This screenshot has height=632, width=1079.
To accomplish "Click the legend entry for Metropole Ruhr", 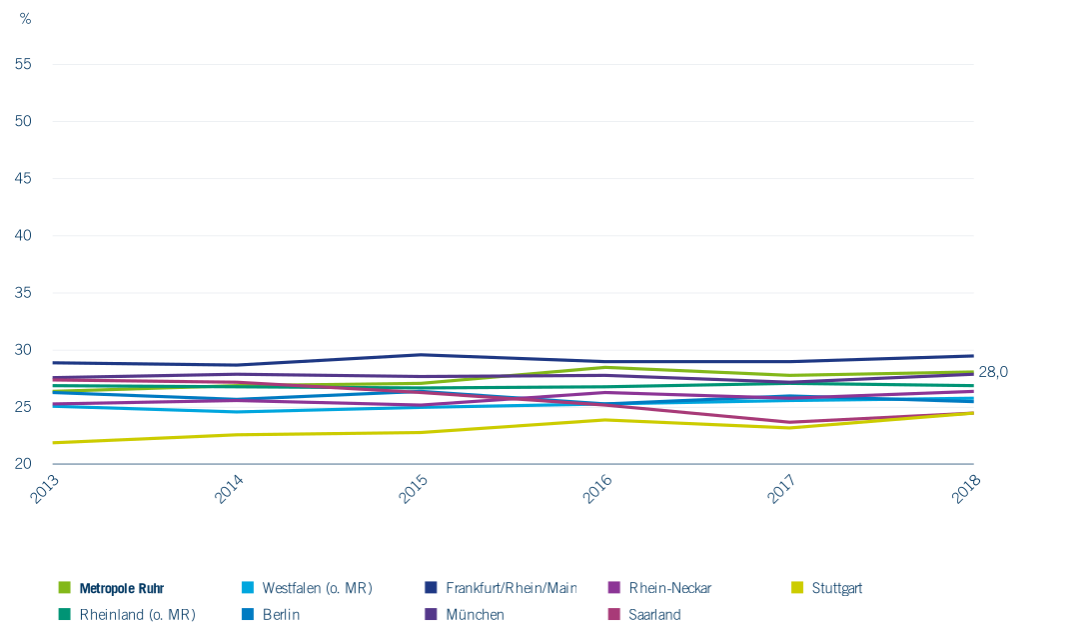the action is tap(112, 588).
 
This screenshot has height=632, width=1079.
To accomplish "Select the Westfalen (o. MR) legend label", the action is tap(307, 588).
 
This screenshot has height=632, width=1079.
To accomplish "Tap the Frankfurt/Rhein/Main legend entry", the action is tap(501, 588).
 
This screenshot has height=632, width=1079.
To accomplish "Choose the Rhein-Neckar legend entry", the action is tap(660, 588).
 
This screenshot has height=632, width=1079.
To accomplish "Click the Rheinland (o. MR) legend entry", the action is tap(127, 614).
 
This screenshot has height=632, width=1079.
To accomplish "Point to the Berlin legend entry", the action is tap(271, 614).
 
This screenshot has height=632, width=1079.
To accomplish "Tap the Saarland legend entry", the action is tap(645, 614).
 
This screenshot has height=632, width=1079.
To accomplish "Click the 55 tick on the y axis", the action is tap(23, 64).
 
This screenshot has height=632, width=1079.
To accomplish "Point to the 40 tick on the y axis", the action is tap(23, 235).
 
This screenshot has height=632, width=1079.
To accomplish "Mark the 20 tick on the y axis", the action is tap(23, 463).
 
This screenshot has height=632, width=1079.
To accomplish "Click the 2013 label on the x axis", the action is tap(45, 489).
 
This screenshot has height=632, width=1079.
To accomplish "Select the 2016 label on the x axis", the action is tap(597, 489).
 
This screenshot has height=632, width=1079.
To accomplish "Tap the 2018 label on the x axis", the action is tap(966, 489).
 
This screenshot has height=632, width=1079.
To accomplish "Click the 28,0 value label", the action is tap(993, 372).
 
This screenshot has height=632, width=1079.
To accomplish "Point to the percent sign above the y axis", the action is tap(25, 19).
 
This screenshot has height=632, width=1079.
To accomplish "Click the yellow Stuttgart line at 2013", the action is tap(53, 443).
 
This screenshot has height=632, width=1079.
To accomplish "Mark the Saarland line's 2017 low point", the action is tap(790, 423).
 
